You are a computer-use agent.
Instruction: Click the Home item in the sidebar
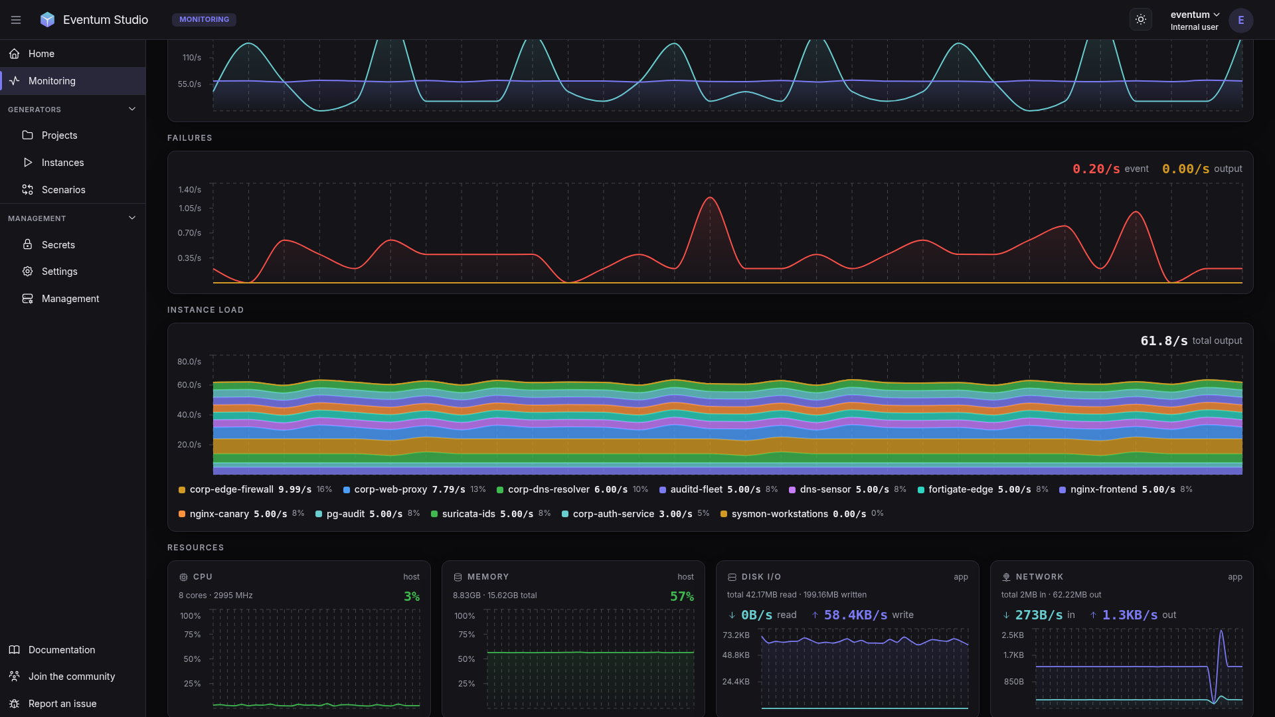pyautogui.click(x=41, y=54)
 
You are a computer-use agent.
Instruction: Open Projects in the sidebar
pyautogui.click(x=59, y=135)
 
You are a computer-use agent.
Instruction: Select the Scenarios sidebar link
pyautogui.click(x=63, y=190)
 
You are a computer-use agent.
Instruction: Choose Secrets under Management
pyautogui.click(x=58, y=245)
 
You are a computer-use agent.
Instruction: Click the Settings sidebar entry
pyautogui.click(x=59, y=272)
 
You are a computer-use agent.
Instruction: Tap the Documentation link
pyautogui.click(x=62, y=650)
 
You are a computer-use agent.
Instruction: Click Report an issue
pyautogui.click(x=62, y=704)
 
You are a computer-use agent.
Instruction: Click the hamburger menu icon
pyautogui.click(x=16, y=20)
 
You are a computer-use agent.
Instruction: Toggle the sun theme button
pyautogui.click(x=1141, y=20)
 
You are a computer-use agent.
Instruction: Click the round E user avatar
pyautogui.click(x=1240, y=20)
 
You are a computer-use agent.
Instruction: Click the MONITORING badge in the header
pyautogui.click(x=204, y=20)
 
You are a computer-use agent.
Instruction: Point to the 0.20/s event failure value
pyautogui.click(x=1096, y=169)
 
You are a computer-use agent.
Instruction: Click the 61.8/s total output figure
pyautogui.click(x=1164, y=341)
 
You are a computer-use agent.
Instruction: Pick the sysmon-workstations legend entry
pyautogui.click(x=802, y=515)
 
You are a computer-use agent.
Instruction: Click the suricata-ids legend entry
pyautogui.click(x=491, y=515)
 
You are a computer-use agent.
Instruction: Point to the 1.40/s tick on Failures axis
pyautogui.click(x=190, y=190)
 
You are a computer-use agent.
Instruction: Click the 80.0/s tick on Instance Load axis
pyautogui.click(x=189, y=362)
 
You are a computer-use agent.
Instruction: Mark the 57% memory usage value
pyautogui.click(x=682, y=597)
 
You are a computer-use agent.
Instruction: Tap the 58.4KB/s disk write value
pyautogui.click(x=855, y=615)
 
